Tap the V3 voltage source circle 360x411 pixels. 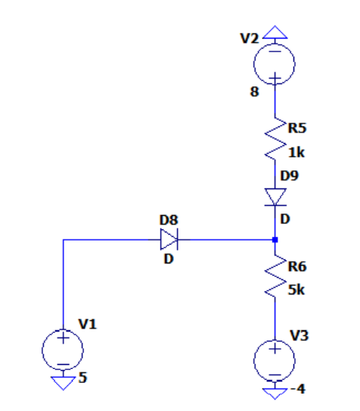point(275,360)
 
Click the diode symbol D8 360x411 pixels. point(169,241)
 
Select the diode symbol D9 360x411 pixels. point(275,196)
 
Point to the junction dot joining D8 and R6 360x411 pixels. point(275,241)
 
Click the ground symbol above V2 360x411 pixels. point(275,33)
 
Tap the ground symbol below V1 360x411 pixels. point(64,382)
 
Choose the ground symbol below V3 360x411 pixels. point(275,391)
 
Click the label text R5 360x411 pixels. point(296,126)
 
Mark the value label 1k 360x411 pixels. point(296,152)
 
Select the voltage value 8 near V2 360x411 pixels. point(254,93)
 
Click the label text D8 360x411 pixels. point(168,220)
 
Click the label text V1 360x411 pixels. point(87,325)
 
